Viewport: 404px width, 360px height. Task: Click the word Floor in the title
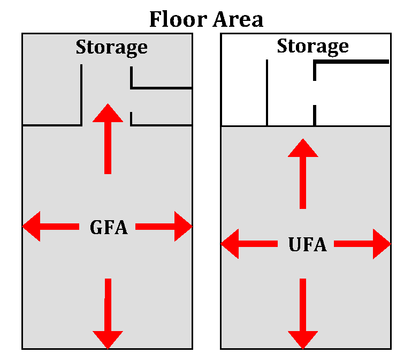pos(178,19)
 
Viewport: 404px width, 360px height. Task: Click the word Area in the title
pos(238,19)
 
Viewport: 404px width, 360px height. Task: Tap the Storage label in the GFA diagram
pos(111,47)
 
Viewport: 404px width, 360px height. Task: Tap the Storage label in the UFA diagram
pos(312,46)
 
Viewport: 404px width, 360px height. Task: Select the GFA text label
pos(109,227)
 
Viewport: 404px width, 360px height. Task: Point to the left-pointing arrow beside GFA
pos(51,227)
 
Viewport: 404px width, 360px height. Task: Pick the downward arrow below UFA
pos(303,313)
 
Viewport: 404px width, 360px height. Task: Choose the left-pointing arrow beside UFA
pos(249,245)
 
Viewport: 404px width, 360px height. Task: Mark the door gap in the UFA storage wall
pos(315,93)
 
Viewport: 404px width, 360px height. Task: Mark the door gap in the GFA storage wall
pos(132,100)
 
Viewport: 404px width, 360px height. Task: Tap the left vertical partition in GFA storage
pos(81,95)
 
